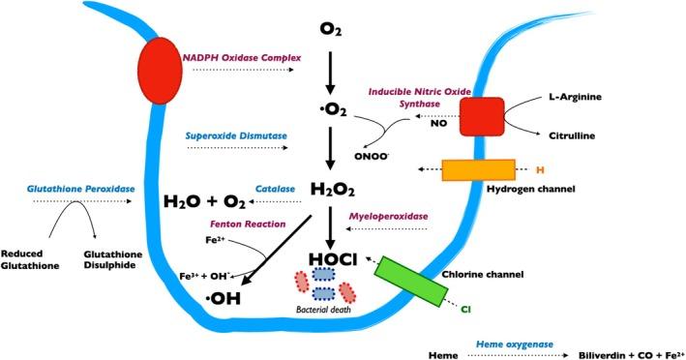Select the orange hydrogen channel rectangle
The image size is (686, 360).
(x=476, y=169)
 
